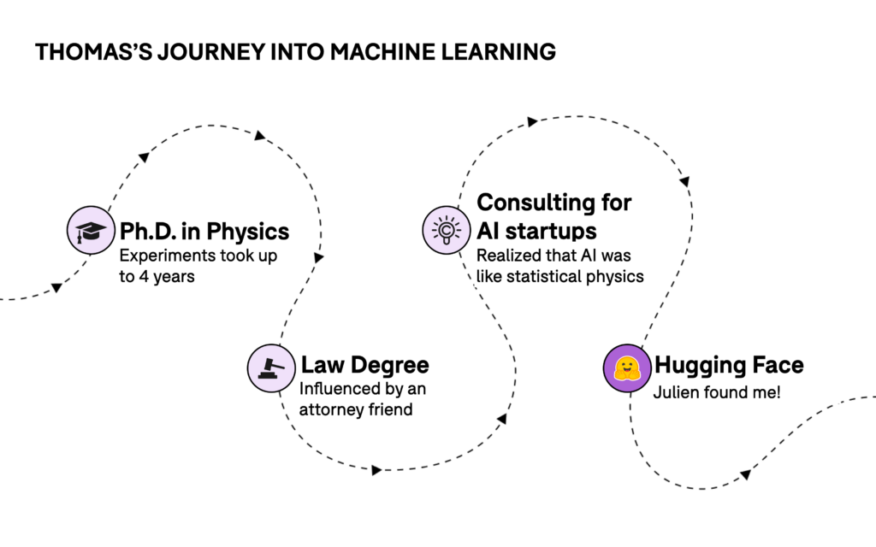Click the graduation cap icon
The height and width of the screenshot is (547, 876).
coord(91,231)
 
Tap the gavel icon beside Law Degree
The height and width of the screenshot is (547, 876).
coord(271,368)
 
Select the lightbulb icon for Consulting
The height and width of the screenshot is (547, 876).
coord(446,230)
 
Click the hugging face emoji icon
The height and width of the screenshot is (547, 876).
coord(627,368)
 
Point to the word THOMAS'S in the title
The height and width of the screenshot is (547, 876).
coord(92,52)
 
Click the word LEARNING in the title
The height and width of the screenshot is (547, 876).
coord(499,52)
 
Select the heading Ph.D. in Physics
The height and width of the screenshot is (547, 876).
coord(204,232)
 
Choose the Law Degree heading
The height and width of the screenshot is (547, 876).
coord(364,365)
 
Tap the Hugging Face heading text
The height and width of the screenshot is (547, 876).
coord(729,365)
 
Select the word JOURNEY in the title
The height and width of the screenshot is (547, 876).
coord(210,52)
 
